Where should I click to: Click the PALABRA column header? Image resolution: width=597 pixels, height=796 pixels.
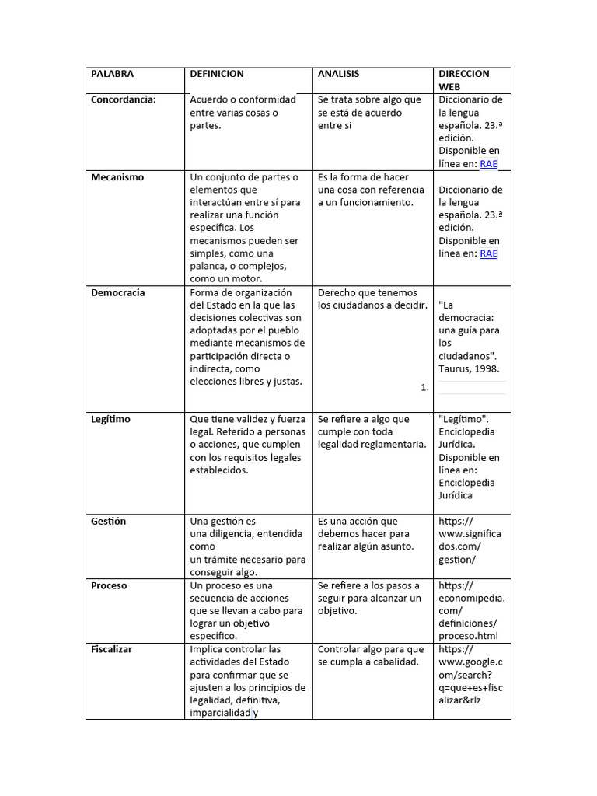coord(112,74)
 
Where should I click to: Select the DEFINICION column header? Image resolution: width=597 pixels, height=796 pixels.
coord(217,74)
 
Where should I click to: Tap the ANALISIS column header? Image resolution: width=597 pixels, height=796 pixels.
coord(338,74)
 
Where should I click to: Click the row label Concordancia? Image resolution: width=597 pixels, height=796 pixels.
coord(124,99)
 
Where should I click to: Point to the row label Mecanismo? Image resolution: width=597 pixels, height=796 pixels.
coord(117,177)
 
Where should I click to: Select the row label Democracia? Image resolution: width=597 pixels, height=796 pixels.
coord(118,293)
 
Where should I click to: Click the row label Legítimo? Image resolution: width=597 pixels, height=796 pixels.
coord(110,419)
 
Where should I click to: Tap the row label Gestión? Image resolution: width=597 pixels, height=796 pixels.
coord(108,522)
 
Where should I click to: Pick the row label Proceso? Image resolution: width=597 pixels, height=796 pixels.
coord(109,585)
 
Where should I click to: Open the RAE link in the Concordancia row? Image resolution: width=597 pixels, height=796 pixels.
coord(488,163)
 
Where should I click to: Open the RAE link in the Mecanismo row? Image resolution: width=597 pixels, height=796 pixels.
coord(488,253)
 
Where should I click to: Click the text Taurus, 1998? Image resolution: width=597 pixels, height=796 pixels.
coord(469,368)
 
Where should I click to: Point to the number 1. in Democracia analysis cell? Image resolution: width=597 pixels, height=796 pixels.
coord(424,387)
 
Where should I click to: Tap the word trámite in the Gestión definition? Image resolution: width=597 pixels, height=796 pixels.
coord(219,559)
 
